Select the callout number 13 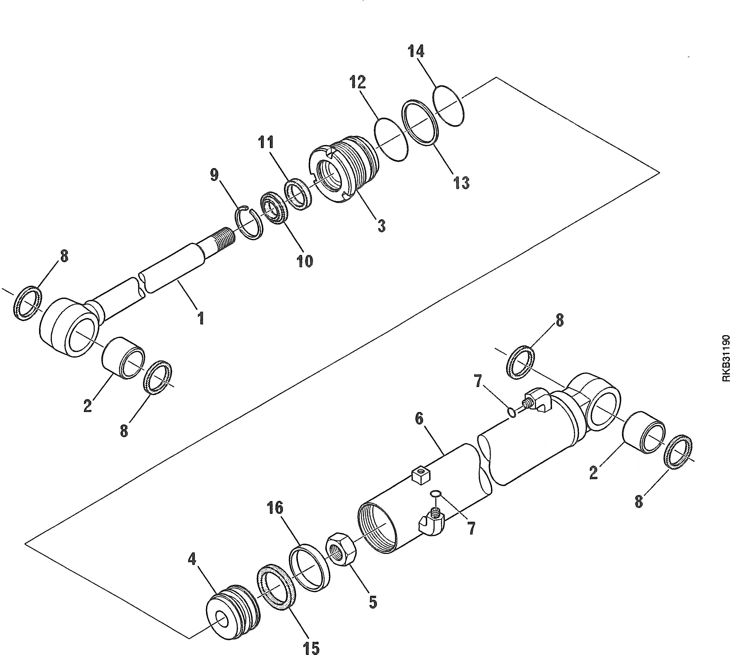coord(461,183)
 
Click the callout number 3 coord(381,226)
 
